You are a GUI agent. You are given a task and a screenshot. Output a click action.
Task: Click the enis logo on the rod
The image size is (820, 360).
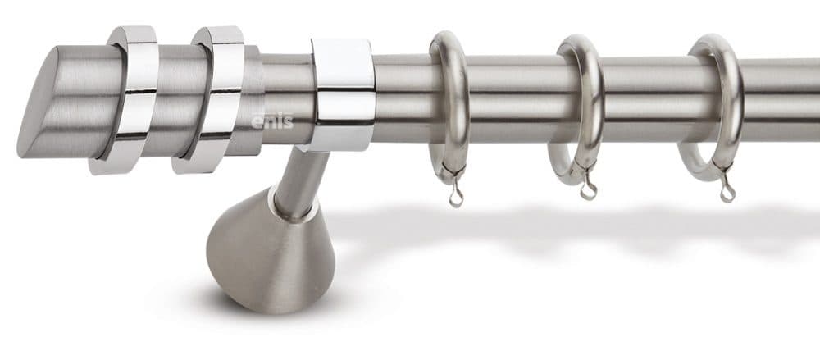coord(272,121)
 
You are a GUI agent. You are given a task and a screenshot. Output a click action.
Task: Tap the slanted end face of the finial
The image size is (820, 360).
coord(38,102)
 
